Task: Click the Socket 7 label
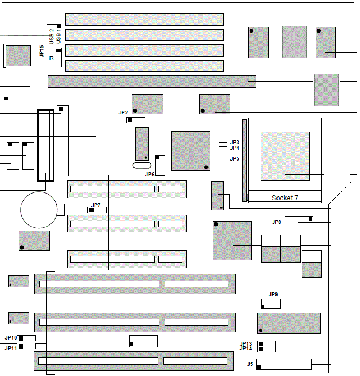point(285,198)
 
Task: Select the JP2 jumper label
point(123,113)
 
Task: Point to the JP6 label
point(150,175)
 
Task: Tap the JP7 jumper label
point(96,205)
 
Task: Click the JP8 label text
point(276,222)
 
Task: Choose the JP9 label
point(273,295)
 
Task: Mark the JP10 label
point(11,338)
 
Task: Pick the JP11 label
point(11,349)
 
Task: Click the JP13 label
point(246,343)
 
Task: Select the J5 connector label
point(250,364)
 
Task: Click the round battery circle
point(39,210)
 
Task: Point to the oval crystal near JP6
point(142,165)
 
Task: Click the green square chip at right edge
point(326,90)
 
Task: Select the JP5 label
point(234,159)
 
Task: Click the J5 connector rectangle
point(284,364)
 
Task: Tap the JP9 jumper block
point(271,304)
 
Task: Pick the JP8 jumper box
point(299,222)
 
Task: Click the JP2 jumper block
point(136,120)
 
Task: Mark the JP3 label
point(234,143)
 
